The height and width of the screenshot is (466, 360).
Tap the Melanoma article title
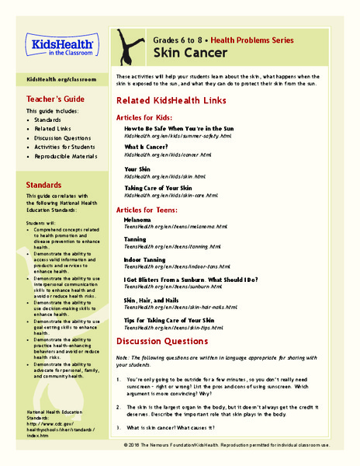pos(144,220)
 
